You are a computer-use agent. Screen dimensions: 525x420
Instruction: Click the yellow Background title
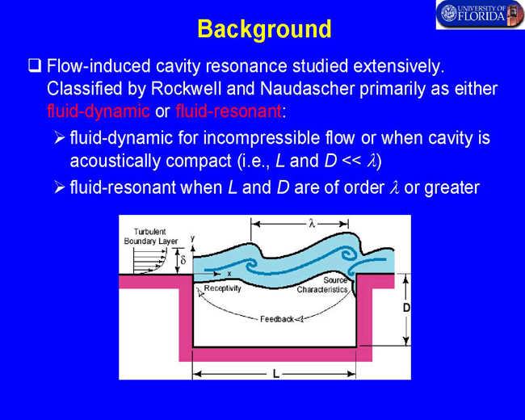tap(264, 30)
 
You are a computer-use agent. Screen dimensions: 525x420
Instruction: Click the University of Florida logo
tap(480, 15)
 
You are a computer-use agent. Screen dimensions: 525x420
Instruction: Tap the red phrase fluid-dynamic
tap(99, 111)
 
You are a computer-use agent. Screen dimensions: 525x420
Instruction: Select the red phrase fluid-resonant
tap(229, 111)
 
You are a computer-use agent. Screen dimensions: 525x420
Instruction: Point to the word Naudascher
tap(308, 89)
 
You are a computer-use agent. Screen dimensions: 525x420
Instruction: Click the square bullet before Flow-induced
tap(35, 65)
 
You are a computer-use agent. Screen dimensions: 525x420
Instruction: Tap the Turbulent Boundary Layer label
tap(151, 237)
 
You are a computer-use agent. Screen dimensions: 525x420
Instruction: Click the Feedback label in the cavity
tap(277, 319)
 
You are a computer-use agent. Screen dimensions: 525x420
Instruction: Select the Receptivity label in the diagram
tap(222, 288)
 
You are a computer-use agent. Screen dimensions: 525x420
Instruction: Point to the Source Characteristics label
tap(322, 284)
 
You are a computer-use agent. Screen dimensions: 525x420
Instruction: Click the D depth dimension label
tap(406, 308)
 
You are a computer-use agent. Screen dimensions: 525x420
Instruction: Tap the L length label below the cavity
tap(276, 373)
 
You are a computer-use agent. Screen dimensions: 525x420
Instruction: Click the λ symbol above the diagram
tap(312, 224)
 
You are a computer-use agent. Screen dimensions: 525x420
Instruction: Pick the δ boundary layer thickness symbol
tap(183, 259)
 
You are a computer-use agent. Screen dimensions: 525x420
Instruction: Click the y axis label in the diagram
tap(192, 238)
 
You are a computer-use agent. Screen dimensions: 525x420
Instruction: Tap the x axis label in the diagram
tap(229, 274)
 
